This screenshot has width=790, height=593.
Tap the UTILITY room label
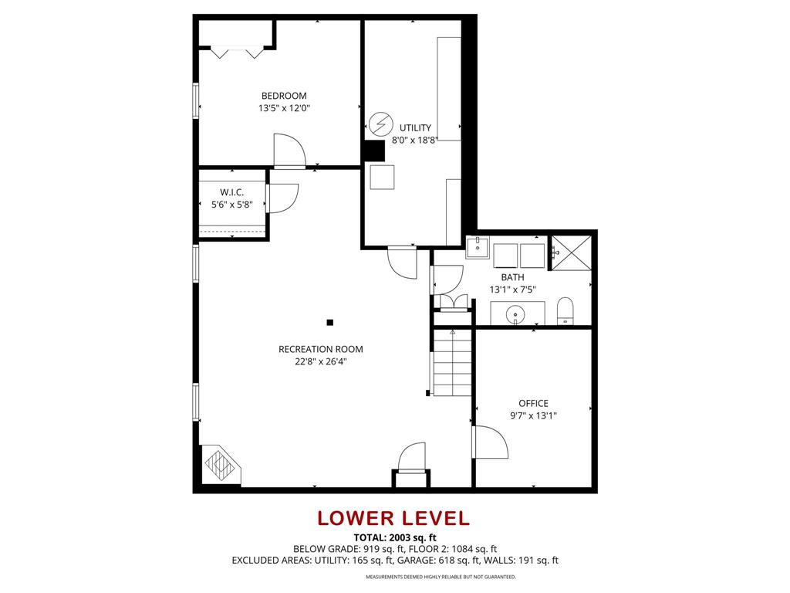click(x=415, y=127)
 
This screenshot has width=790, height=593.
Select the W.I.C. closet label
click(x=231, y=191)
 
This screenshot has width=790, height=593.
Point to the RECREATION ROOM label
click(x=320, y=349)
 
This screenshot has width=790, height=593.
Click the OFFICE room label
click(x=533, y=403)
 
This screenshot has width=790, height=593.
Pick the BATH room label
click(x=512, y=277)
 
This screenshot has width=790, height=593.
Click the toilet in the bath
click(x=565, y=310)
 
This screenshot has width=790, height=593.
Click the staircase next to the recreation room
click(x=451, y=361)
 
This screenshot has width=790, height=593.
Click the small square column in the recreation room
click(x=330, y=322)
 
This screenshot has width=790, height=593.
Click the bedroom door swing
click(x=289, y=151)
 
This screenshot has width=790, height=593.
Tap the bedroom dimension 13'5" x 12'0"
click(x=284, y=109)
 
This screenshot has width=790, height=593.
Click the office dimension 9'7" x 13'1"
click(x=533, y=415)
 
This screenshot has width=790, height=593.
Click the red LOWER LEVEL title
click(x=394, y=518)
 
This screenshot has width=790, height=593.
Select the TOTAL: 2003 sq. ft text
click(x=394, y=537)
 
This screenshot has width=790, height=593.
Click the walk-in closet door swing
click(x=282, y=198)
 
